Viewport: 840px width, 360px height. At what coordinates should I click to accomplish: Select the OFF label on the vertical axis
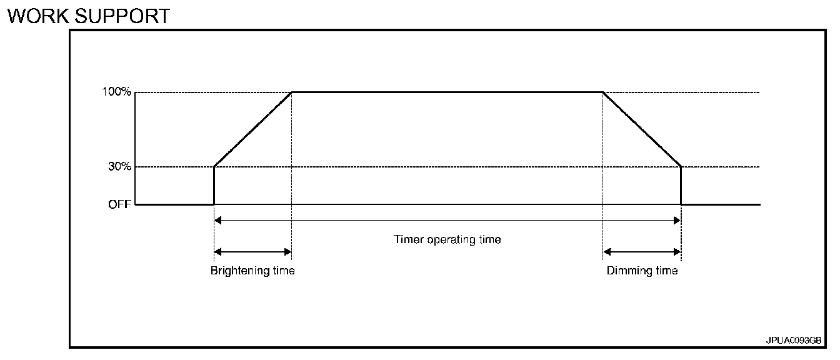[120, 204]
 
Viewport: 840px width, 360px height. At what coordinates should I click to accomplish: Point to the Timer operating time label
[447, 239]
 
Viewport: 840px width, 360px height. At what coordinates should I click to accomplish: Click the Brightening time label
[252, 271]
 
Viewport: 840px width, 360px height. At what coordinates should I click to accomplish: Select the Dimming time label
[642, 271]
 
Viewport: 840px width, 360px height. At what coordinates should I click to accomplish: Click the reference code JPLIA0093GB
[793, 341]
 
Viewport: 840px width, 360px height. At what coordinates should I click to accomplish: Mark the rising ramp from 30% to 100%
[253, 129]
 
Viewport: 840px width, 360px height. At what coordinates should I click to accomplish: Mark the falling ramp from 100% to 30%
[642, 129]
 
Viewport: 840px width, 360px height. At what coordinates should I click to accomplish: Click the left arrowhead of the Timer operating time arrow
[217, 220]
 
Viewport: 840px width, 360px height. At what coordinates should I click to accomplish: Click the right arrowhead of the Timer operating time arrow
[677, 220]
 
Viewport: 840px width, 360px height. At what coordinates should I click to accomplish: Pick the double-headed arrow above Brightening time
[252, 252]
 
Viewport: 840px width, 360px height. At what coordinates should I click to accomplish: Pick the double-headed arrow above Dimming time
[642, 252]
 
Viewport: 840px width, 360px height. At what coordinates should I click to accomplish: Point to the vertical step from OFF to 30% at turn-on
[214, 186]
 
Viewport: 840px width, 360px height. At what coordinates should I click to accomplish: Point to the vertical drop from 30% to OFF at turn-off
[681, 186]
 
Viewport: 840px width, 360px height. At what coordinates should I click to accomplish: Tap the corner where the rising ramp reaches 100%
[292, 92]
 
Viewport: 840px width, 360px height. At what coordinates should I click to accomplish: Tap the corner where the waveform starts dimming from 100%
[602, 92]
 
